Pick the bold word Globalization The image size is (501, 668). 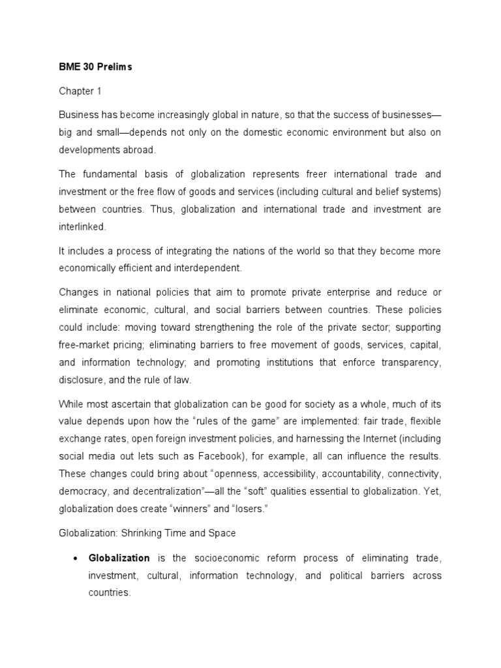(119, 558)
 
